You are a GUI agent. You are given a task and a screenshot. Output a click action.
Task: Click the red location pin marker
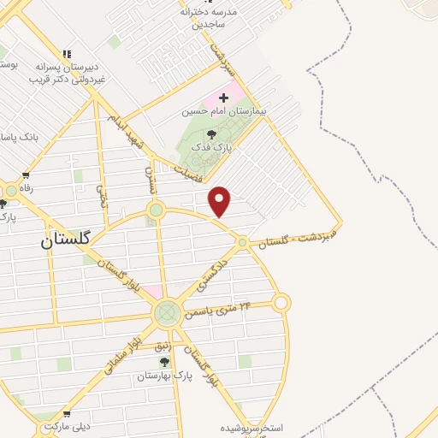220,201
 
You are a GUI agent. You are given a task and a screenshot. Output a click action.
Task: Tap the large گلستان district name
71,242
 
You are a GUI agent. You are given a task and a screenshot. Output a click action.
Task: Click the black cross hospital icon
224,98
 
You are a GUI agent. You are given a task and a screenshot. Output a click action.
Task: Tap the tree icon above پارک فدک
211,133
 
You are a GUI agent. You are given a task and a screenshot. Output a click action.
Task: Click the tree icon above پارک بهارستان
164,363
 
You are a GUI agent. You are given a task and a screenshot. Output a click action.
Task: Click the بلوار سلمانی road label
121,352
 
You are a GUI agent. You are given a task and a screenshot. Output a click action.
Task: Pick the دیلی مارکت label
68,425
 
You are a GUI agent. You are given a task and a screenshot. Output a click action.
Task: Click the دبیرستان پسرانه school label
67,71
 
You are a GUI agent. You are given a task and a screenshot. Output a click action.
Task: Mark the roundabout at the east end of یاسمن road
281,302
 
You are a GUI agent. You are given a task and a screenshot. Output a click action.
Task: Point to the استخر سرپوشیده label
257,427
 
